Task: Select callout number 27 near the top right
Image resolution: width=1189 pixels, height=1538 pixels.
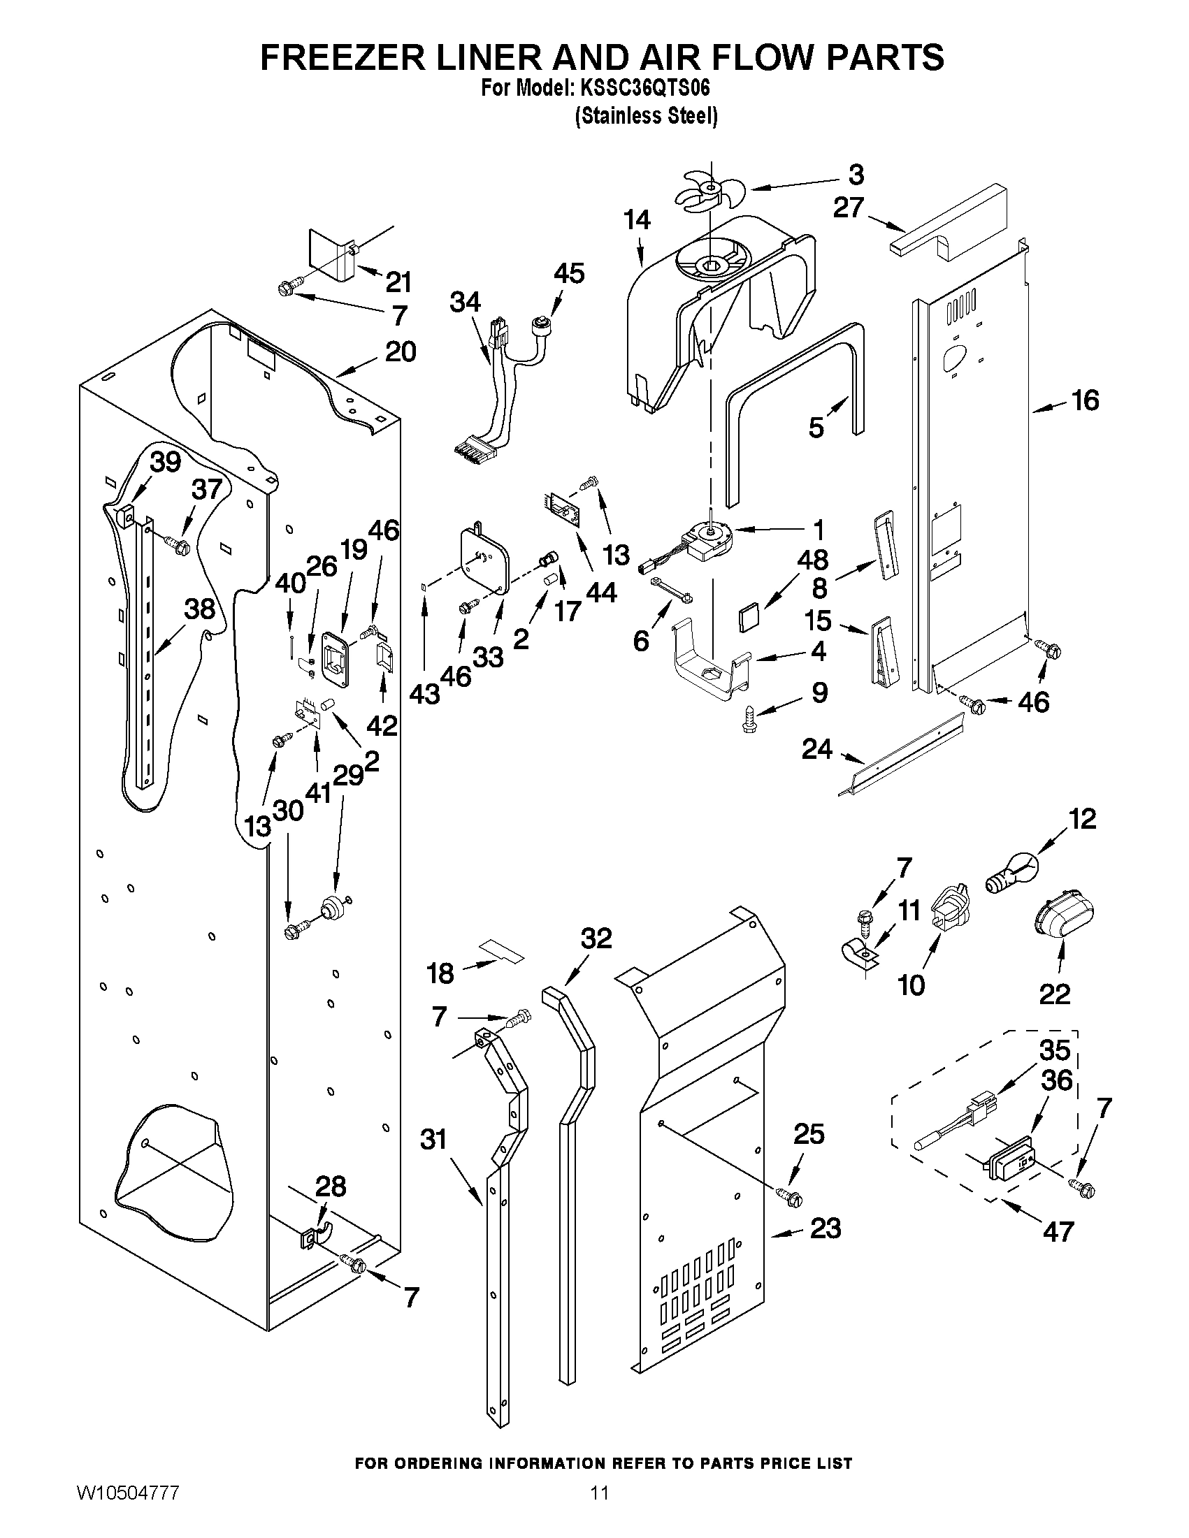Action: coord(849,208)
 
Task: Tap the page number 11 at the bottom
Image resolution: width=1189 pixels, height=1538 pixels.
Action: coord(600,1512)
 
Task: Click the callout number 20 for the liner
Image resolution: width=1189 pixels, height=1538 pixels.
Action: coord(400,351)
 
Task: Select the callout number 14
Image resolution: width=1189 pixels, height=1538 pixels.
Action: coord(636,220)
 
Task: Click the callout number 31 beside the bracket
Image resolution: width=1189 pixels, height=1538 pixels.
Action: coord(434,1139)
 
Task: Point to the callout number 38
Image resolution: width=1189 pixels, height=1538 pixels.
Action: coord(199,609)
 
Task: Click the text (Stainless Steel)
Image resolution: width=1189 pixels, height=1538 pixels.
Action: coord(646,116)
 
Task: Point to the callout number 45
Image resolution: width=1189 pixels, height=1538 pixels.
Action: coord(568,273)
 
